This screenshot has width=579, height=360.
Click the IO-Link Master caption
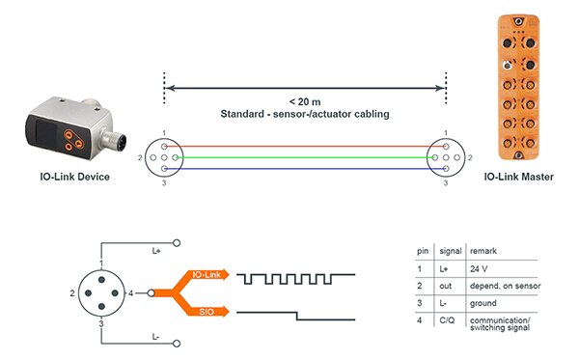(x=516, y=178)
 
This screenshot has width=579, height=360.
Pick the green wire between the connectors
(x=305, y=156)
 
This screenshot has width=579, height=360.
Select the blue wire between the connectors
(x=305, y=167)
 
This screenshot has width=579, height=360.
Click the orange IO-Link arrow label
(x=205, y=277)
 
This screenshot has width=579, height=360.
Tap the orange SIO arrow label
(x=205, y=311)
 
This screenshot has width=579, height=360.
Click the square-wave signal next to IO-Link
(x=297, y=278)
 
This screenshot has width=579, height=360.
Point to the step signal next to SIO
(x=297, y=314)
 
